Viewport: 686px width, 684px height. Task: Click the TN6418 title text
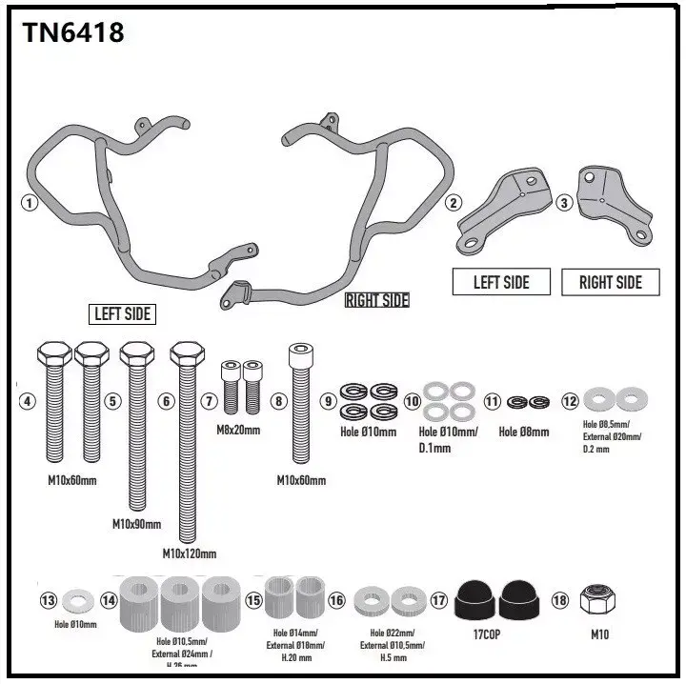click(x=73, y=32)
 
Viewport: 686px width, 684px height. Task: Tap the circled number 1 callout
click(x=30, y=202)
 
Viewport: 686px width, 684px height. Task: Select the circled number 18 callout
click(x=559, y=600)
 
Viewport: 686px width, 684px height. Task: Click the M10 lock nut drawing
click(x=599, y=599)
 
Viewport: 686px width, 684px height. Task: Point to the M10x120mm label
click(x=189, y=553)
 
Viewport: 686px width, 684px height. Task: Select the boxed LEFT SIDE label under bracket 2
click(x=501, y=282)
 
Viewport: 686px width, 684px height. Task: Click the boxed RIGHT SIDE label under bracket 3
click(x=611, y=282)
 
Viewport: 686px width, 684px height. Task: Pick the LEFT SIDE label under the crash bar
click(x=123, y=313)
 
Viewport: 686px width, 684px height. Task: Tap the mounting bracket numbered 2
click(x=505, y=211)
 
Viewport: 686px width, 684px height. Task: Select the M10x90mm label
click(x=136, y=524)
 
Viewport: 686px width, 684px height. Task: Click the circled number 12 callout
click(x=570, y=401)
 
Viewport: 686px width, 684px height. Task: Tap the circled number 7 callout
click(x=210, y=401)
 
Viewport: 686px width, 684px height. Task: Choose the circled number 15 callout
click(x=253, y=600)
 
